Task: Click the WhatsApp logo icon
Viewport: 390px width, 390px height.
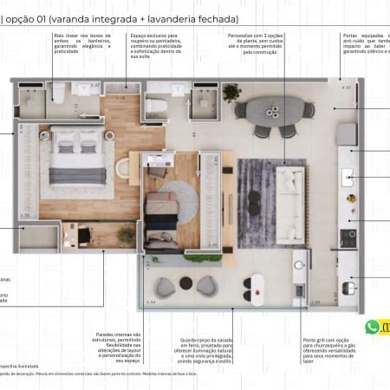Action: click(x=374, y=327)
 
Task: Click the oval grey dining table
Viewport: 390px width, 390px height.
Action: click(x=271, y=111)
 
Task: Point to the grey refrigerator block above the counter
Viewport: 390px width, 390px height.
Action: click(x=346, y=134)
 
